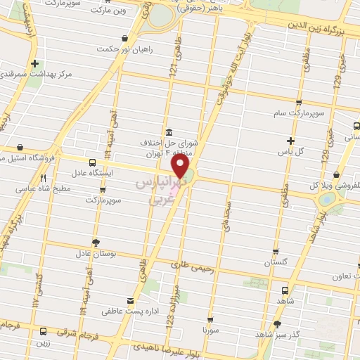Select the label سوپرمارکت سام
pos(297,112)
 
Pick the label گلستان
pos(276,262)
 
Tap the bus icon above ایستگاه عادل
pos(93,162)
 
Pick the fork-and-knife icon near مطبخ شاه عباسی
pos(43,178)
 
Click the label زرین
pos(44,343)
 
